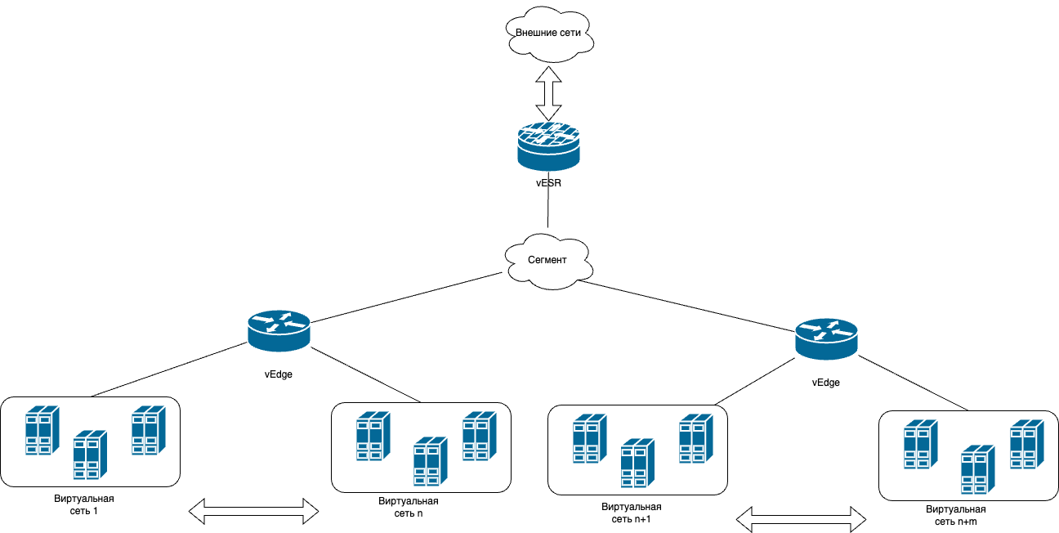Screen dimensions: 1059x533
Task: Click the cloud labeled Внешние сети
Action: (x=549, y=34)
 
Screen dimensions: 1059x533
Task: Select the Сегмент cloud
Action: (x=548, y=261)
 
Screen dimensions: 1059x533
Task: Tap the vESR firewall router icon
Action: (x=548, y=146)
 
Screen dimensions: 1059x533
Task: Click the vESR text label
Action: (x=548, y=183)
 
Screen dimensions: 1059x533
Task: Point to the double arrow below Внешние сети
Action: (x=548, y=93)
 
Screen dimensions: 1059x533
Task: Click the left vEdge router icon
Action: (x=279, y=330)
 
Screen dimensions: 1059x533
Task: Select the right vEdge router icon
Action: (x=826, y=339)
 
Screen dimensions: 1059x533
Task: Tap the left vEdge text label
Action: (x=279, y=374)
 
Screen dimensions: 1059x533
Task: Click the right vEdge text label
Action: (x=826, y=383)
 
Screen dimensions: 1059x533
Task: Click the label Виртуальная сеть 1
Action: (x=83, y=504)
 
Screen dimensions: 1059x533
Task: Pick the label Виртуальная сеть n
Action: (x=409, y=507)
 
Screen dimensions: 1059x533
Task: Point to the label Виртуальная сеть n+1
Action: (x=631, y=513)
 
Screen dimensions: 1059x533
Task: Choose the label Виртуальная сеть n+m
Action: (x=955, y=516)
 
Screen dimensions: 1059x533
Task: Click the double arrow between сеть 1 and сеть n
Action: (x=253, y=511)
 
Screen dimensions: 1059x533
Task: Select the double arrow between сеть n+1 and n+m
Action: (x=801, y=519)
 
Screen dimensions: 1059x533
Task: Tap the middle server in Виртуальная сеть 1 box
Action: (x=91, y=455)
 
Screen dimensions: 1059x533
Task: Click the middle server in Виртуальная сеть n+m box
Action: (x=978, y=469)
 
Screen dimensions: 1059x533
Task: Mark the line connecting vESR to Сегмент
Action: (x=548, y=199)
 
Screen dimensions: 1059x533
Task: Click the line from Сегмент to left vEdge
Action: (x=406, y=298)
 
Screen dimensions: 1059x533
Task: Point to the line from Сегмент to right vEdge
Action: (x=686, y=306)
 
